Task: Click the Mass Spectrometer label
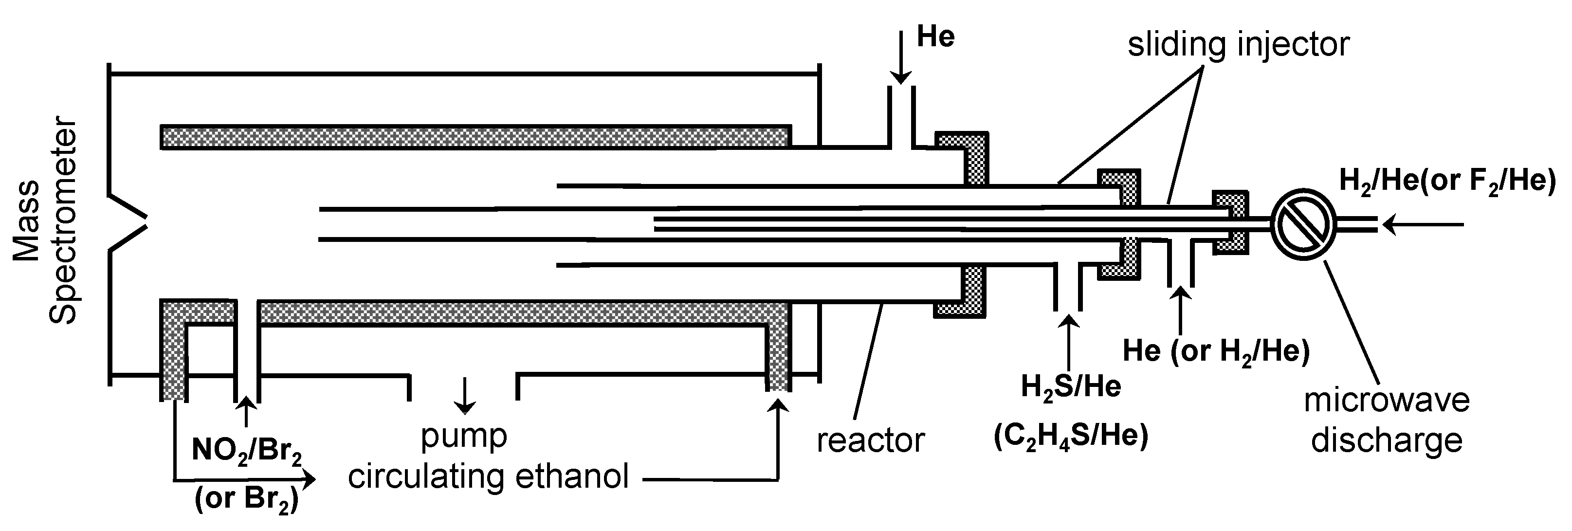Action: tap(45, 221)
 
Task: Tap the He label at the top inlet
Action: tap(935, 37)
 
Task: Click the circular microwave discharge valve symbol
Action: tap(1303, 224)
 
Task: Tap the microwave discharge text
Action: tap(1387, 421)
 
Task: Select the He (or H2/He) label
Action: tap(1216, 351)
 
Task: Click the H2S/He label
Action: tap(1071, 387)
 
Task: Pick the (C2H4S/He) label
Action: tap(1071, 437)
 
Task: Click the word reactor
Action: tap(870, 440)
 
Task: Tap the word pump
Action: tap(464, 436)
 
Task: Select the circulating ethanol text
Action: tap(488, 476)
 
